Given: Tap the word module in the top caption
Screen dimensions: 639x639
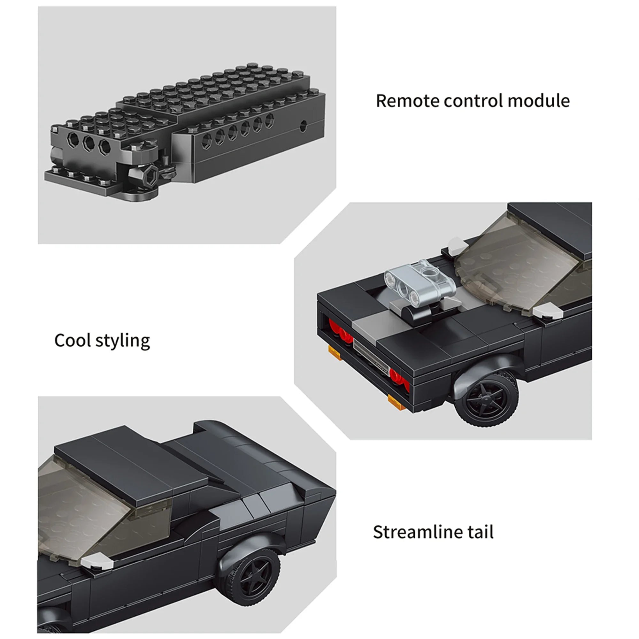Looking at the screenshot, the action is tap(539, 101).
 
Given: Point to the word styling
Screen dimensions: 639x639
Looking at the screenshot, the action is tap(123, 342).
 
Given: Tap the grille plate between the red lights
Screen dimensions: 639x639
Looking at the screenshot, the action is tap(370, 357).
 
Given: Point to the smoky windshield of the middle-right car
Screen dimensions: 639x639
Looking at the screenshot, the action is tap(523, 265).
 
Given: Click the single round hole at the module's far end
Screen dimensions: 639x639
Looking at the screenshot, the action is tap(303, 126).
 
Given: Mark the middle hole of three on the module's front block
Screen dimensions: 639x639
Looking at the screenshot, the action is tap(89, 143).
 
